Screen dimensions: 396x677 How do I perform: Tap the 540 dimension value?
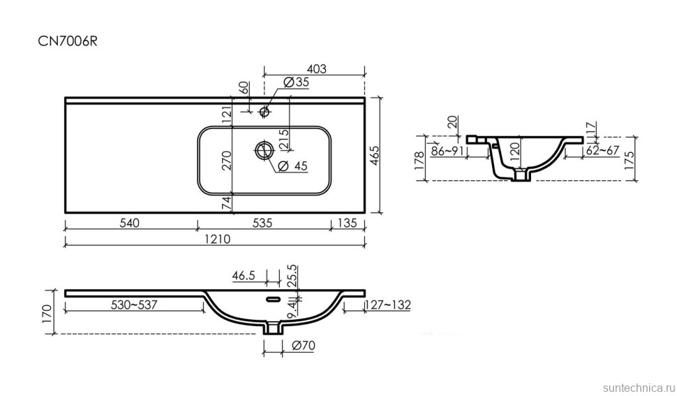coord(130,223)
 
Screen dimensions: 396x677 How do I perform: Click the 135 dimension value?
coord(346,223)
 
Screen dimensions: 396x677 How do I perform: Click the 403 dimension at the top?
coord(316,68)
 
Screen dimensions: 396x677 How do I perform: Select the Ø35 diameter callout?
coord(297,82)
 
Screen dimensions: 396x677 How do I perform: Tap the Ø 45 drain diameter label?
coord(292,166)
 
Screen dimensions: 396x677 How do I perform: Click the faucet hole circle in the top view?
coord(265,110)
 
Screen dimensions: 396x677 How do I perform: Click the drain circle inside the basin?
coord(264,149)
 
